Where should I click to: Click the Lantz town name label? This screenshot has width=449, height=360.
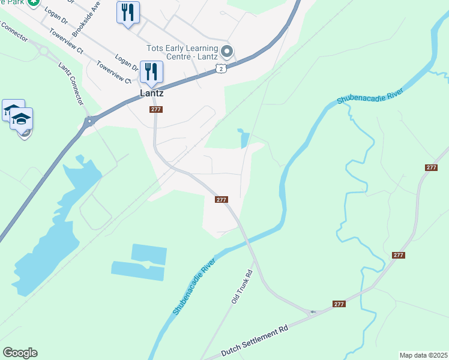[151, 94]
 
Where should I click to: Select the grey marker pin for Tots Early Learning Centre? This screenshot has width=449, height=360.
[226, 50]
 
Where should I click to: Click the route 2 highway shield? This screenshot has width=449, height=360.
[221, 70]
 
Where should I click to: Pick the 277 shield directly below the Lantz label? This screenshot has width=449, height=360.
[155, 109]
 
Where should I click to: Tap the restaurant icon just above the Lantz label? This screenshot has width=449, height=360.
[151, 72]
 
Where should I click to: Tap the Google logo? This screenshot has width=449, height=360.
[20, 353]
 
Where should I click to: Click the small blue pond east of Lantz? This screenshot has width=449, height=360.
[243, 139]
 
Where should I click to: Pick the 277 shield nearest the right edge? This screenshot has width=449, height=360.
[431, 167]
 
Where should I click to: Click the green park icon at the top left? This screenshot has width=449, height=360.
[34, 3]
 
